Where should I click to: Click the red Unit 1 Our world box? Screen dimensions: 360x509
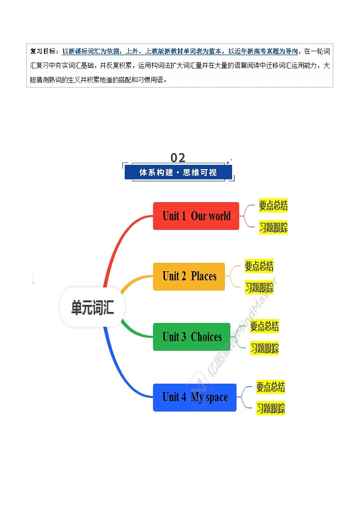pos(196,216)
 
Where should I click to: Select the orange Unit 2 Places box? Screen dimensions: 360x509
pos(189,276)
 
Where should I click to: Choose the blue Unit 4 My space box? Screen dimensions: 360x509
pos(195,398)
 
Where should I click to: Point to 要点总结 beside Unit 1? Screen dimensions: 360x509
pos(273,205)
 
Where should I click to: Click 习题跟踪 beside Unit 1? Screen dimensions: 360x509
pos(273,227)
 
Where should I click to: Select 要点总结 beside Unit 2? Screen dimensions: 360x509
pos(259,266)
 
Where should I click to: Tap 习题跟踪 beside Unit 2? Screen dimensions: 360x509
pos(259,287)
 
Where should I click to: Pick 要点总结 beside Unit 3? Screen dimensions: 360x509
pos(264,326)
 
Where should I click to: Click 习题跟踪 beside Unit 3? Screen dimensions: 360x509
pos(264,348)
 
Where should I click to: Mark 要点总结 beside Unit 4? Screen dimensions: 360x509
pos(270,387)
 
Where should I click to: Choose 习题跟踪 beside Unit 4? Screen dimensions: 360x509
pos(270,408)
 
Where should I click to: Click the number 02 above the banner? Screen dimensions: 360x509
pos(178,158)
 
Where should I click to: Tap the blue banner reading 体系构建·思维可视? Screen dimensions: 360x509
pos(178,172)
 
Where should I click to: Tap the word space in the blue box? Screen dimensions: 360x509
pos(217,398)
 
